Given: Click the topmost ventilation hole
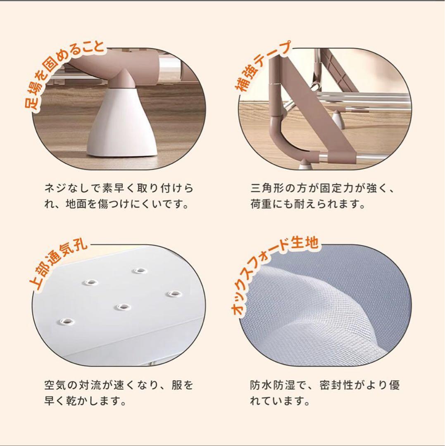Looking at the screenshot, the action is [139, 270].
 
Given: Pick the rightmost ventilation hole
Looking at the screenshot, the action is [174, 294].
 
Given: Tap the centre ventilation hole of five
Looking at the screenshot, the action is [123, 307].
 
